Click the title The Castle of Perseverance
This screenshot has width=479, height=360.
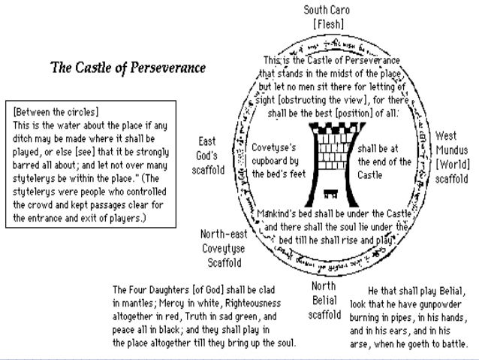point(128,68)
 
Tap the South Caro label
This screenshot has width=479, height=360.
point(327,11)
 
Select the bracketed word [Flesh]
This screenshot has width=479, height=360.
point(327,24)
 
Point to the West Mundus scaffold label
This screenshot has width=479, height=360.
point(451,158)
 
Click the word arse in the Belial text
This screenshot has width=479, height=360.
point(360,342)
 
